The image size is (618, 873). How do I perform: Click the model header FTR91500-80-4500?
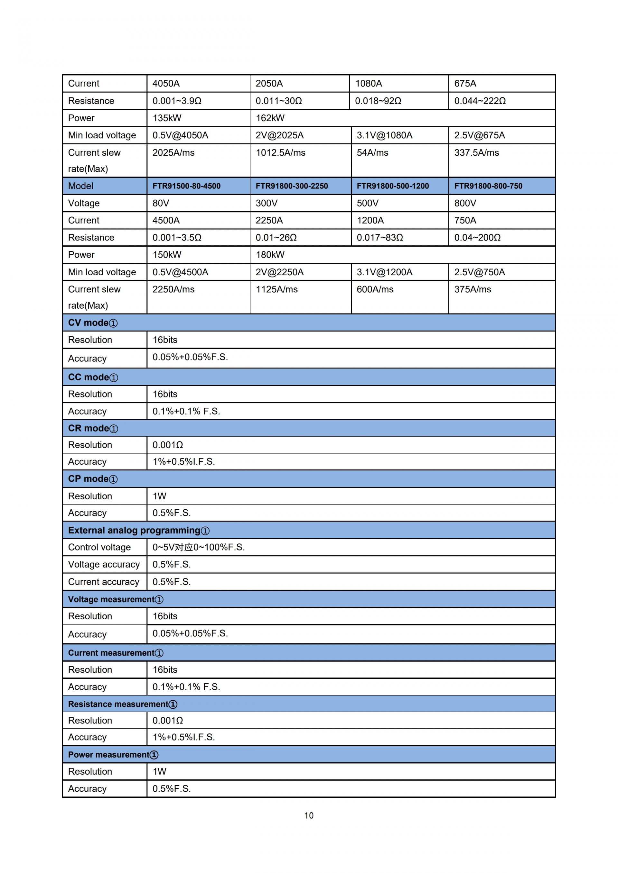(186, 186)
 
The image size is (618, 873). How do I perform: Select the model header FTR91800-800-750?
(488, 186)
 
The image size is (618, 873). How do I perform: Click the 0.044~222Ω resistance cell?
(480, 101)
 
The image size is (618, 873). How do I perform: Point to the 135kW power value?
(167, 118)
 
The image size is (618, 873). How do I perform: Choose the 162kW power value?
(270, 118)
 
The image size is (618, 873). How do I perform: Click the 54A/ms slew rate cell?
(372, 152)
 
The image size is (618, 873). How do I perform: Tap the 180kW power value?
(270, 254)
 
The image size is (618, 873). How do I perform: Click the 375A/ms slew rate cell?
(472, 289)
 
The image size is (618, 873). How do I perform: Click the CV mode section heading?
(93, 323)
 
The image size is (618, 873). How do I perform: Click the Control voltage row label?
(99, 547)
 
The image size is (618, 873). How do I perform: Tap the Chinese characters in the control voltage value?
(184, 547)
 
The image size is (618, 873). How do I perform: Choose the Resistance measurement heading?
(123, 704)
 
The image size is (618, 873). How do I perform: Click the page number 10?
(309, 815)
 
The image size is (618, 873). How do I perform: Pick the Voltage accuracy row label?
(104, 564)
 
